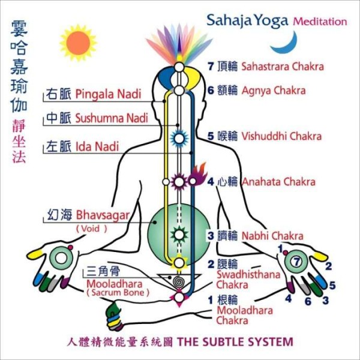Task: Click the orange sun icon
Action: coord(78,43)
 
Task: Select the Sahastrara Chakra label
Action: coord(283,67)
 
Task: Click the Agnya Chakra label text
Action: coord(274,91)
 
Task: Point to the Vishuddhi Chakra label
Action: coord(281,136)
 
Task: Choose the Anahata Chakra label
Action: coord(279,182)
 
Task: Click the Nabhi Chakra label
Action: coord(272,236)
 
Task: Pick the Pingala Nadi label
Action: coord(108,94)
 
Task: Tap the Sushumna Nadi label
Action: coord(112,118)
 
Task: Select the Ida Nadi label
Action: coord(97,146)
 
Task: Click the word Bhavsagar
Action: coord(103,216)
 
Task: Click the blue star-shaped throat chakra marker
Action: coord(179,139)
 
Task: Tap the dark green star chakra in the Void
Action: coord(179,235)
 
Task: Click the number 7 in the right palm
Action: coord(297,262)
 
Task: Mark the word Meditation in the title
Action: coord(320,22)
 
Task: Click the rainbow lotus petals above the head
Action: coord(179,45)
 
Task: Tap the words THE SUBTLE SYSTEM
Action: coord(235,341)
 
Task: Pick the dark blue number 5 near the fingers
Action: coord(332,286)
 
